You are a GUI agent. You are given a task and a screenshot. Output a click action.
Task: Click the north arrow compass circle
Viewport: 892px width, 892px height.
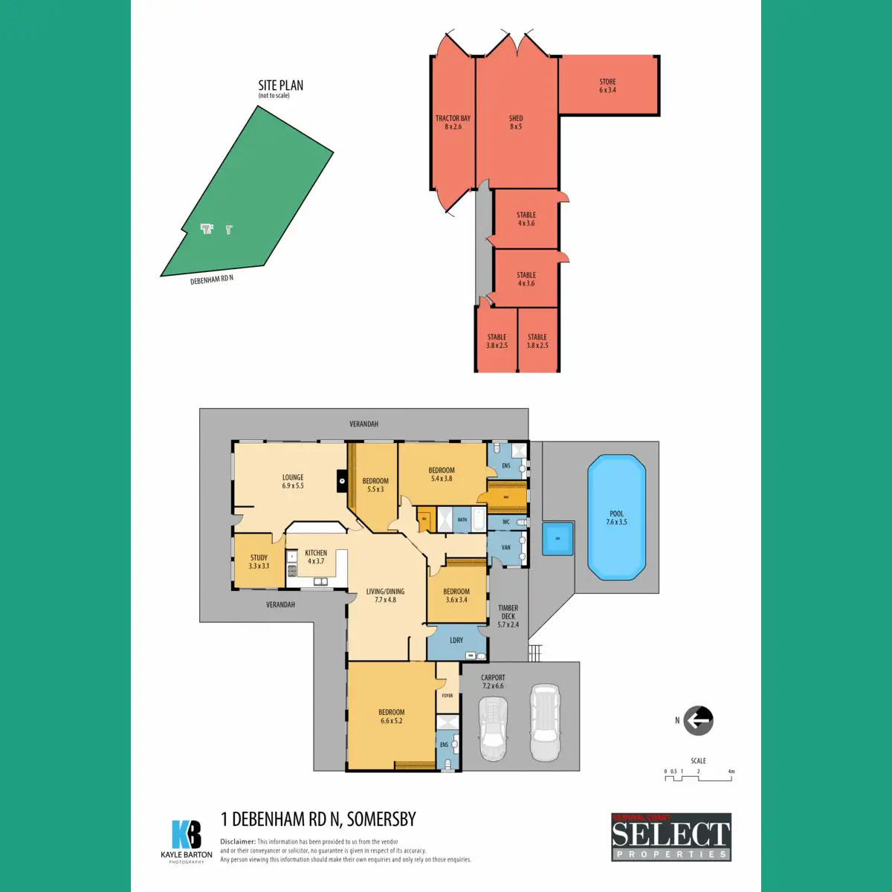[698, 720]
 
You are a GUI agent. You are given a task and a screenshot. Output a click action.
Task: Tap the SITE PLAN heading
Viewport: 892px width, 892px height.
[280, 86]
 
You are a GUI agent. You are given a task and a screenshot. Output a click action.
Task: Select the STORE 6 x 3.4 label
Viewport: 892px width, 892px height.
[607, 86]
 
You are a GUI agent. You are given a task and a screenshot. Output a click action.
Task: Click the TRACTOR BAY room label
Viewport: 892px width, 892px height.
[453, 123]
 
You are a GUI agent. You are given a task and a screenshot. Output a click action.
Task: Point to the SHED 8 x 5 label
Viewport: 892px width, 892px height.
[516, 123]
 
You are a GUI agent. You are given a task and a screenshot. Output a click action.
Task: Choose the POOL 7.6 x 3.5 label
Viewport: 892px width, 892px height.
[616, 518]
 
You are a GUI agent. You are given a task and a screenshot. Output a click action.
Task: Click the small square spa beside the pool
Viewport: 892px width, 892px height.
[557, 538]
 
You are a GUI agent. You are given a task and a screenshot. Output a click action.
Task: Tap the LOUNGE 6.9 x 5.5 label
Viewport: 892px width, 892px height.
[293, 482]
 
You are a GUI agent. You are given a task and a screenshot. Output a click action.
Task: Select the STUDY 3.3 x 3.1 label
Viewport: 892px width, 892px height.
[259, 562]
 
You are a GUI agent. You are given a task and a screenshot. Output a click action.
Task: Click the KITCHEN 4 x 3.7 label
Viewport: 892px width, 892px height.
[316, 557]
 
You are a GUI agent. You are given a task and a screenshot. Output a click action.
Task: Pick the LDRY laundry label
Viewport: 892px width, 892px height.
[456, 640]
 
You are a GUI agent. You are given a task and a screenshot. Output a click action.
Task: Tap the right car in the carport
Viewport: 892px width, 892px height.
[544, 723]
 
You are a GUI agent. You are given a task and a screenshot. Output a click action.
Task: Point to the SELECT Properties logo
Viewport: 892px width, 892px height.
[671, 837]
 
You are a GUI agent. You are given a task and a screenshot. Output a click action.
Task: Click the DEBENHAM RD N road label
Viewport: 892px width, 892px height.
[212, 280]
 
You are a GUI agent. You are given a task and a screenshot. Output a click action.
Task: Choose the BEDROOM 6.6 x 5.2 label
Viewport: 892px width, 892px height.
[391, 717]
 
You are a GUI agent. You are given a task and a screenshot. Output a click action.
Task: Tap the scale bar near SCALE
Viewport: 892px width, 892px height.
[698, 778]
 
